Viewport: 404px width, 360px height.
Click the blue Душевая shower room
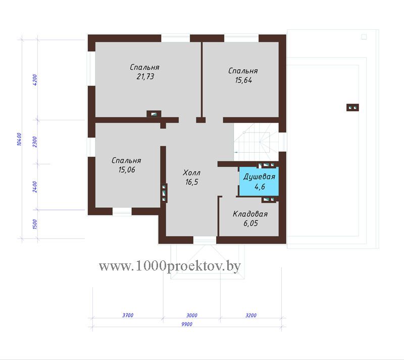point(259,182)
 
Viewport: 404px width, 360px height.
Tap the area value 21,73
point(145,76)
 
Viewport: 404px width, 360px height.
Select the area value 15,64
point(243,80)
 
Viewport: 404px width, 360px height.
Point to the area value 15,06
point(127,170)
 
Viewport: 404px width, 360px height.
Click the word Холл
point(191,172)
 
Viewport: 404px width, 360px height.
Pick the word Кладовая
point(250,214)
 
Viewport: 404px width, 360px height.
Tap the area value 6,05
point(250,223)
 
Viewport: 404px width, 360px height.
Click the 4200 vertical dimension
point(35,80)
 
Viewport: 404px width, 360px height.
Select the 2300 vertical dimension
point(35,142)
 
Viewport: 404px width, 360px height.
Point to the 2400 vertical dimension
point(35,187)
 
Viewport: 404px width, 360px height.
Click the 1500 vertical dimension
point(35,224)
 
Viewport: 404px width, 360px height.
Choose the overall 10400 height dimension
point(19,139)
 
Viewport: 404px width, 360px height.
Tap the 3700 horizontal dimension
point(128,315)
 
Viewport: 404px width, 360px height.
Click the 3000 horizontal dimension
point(192,315)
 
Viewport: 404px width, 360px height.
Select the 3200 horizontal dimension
point(251,315)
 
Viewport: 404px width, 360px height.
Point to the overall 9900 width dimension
point(187,324)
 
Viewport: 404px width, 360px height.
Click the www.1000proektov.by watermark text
point(170,265)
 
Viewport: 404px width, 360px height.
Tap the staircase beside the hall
point(256,142)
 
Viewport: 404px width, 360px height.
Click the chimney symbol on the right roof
point(352,108)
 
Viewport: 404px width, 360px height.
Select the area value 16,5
point(192,182)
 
